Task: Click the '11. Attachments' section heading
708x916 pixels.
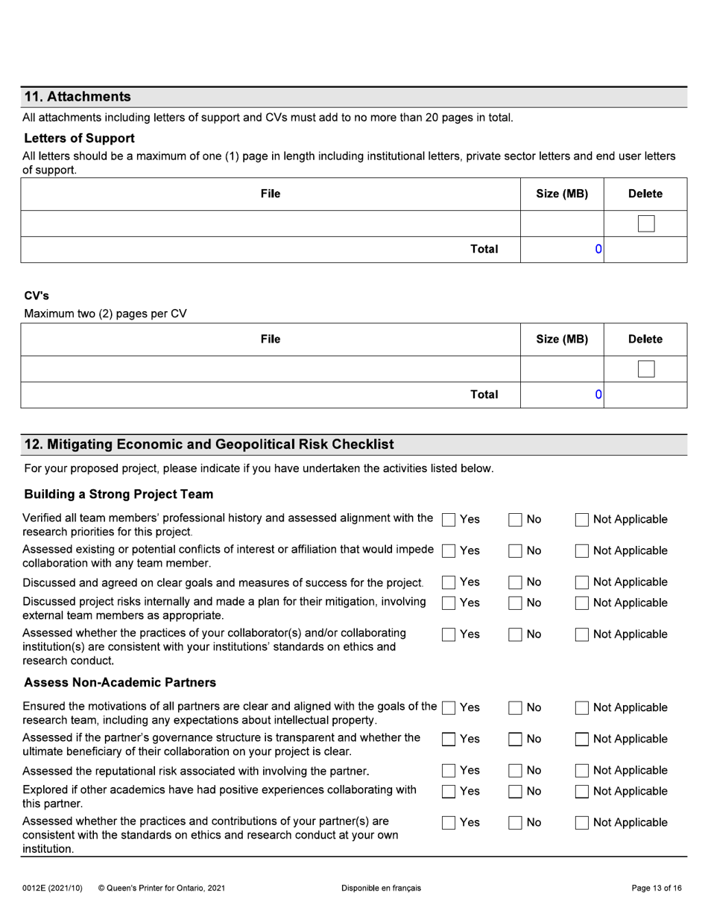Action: point(78,97)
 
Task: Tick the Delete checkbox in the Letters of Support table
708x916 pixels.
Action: point(646,223)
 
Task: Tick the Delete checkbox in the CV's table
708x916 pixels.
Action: point(646,369)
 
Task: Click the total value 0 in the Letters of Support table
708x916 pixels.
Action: point(598,250)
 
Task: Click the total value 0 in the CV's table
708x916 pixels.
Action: point(598,395)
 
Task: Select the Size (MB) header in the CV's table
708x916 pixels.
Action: point(562,340)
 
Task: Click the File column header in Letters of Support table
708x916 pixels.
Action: point(270,194)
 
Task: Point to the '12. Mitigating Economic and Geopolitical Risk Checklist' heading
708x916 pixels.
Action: point(209,445)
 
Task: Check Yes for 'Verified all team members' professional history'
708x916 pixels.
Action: point(449,520)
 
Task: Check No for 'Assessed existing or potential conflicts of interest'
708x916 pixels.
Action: point(516,551)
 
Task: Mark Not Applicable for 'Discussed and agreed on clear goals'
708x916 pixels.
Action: point(582,582)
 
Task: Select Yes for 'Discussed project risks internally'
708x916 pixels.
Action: point(449,603)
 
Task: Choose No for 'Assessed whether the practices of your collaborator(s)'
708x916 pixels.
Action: point(516,634)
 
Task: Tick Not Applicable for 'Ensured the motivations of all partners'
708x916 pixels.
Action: point(582,707)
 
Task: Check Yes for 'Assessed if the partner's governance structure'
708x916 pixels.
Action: point(449,739)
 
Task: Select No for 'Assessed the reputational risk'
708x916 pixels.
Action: point(516,770)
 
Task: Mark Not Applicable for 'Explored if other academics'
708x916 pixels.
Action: point(582,791)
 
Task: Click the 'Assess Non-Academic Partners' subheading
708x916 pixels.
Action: point(120,682)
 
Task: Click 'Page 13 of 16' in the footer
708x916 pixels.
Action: point(656,888)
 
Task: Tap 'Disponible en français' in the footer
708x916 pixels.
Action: point(381,888)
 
